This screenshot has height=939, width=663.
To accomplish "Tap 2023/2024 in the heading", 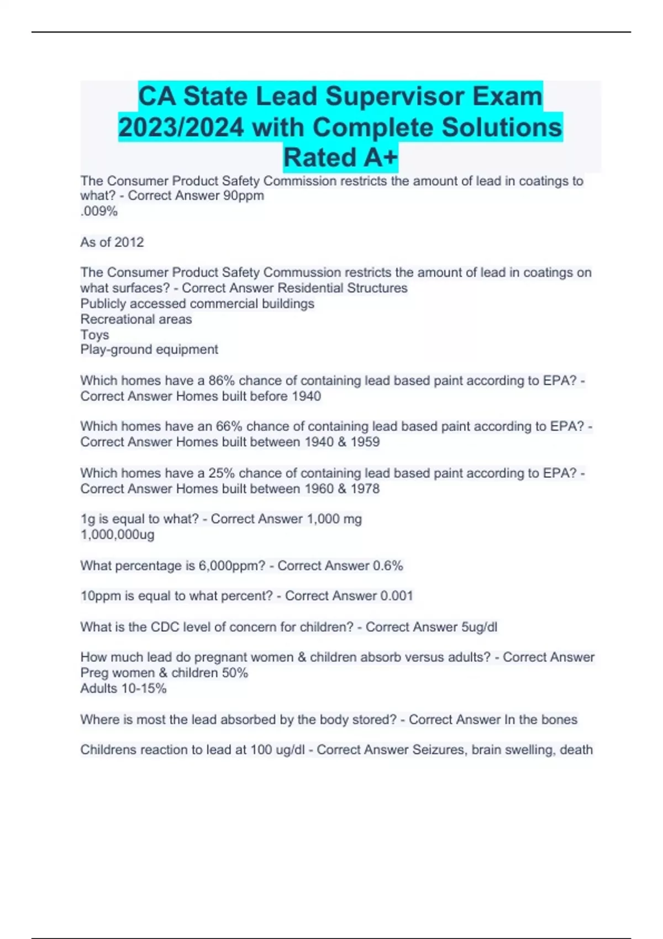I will [181, 128].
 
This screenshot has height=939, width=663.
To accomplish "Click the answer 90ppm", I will [243, 196].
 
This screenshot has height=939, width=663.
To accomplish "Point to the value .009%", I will [99, 211].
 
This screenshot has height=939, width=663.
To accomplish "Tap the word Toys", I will [94, 335].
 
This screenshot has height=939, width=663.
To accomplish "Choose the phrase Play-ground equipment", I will [149, 350].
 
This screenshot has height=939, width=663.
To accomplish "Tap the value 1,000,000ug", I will [117, 535].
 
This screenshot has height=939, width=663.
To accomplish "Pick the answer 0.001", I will [396, 596].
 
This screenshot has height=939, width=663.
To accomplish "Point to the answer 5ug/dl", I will [479, 627].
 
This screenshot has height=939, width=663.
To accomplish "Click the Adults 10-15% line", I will [123, 688].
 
